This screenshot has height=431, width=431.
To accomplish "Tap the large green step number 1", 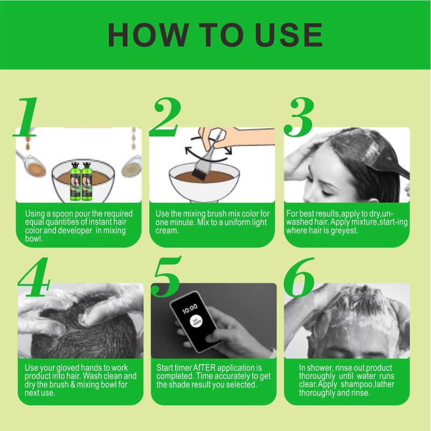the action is point(26,117).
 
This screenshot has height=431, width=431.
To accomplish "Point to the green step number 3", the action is point(299,117).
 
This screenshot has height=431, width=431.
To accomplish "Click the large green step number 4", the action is point(34,277).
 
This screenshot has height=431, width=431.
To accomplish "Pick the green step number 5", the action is point(167,277).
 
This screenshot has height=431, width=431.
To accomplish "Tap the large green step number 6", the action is point(299,277).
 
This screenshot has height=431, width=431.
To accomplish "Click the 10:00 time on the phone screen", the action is point(190,309).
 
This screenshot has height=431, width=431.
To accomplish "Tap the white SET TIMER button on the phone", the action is point(196,321).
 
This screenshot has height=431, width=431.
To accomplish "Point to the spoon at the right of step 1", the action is point(131,166).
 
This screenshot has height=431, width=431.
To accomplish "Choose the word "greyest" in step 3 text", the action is point(344,231).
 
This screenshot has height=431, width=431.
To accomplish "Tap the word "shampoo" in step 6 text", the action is point(356,384).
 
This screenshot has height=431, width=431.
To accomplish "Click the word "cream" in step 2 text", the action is point(167,231).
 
